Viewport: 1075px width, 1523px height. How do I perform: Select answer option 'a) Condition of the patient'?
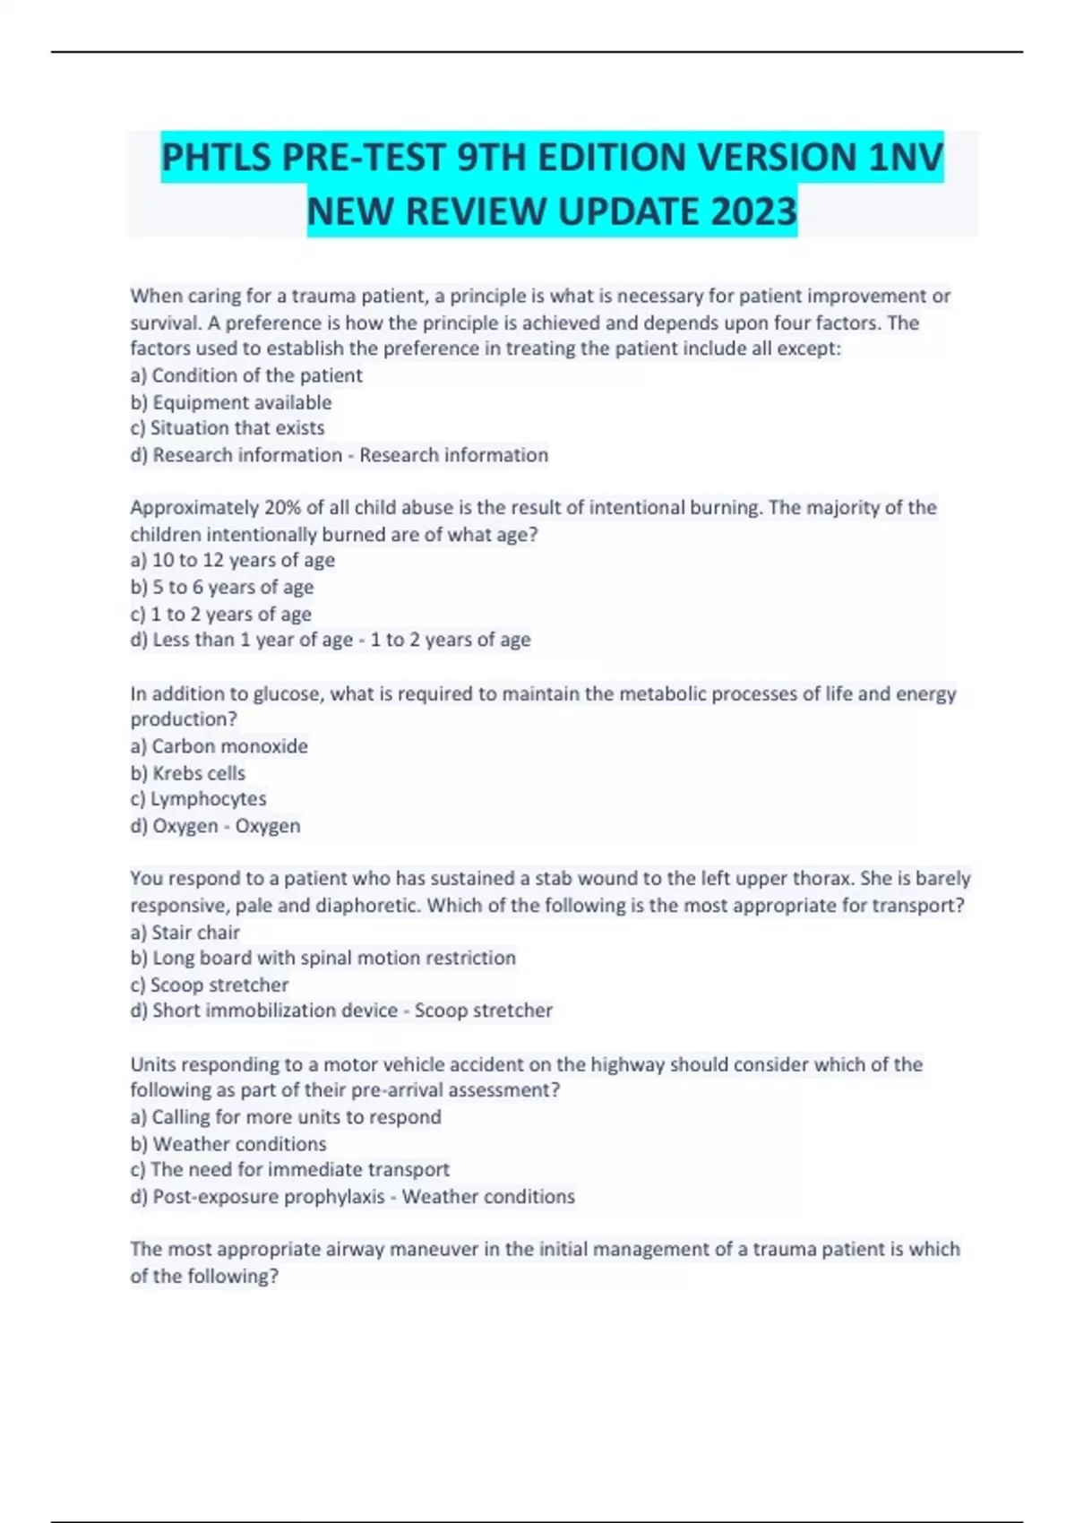(x=246, y=375)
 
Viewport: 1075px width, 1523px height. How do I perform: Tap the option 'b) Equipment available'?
(x=231, y=402)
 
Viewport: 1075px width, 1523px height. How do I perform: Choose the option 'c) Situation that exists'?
(x=228, y=428)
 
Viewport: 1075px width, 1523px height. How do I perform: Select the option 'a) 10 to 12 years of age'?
(x=233, y=560)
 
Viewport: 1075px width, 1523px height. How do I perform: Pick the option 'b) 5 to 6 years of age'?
(x=222, y=587)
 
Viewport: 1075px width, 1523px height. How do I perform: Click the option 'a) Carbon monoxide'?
(x=219, y=746)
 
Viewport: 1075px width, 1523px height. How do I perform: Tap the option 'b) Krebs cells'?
(x=188, y=773)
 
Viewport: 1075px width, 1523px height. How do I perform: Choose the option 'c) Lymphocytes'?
(x=199, y=798)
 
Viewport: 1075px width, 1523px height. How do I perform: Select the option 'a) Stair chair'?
(x=185, y=933)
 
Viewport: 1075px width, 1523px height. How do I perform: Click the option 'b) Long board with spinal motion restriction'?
(x=323, y=958)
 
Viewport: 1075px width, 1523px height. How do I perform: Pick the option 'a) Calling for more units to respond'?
(x=286, y=1117)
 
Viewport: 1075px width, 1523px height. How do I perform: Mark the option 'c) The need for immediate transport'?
(x=290, y=1169)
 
